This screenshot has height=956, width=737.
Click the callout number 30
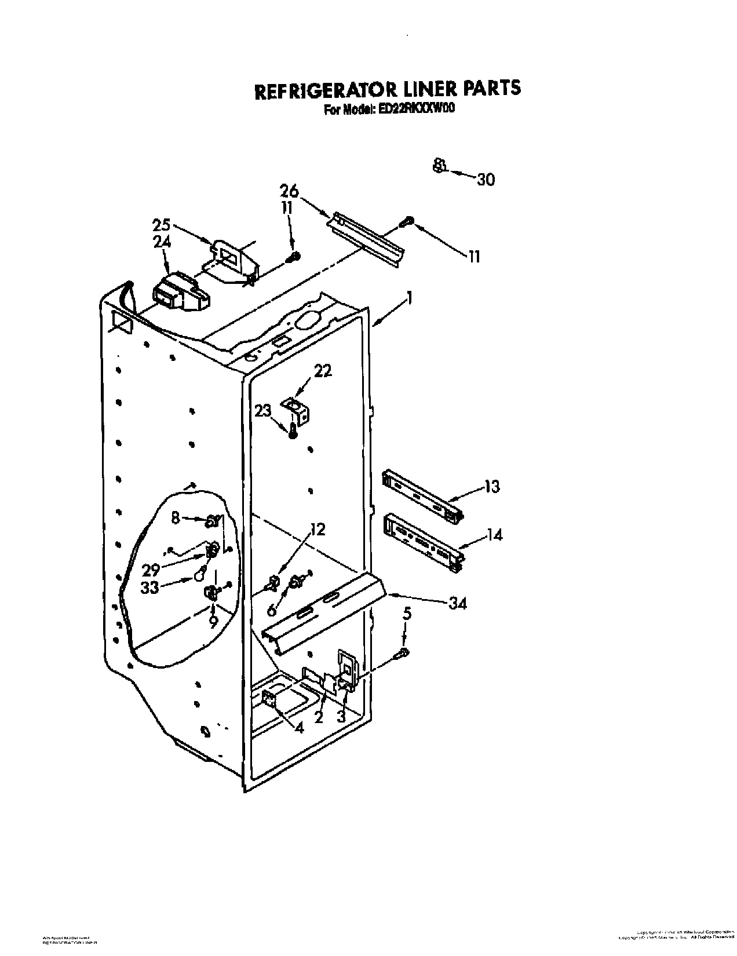pos(486,180)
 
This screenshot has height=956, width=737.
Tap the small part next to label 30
pos(439,166)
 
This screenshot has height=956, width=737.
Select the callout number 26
pos(289,190)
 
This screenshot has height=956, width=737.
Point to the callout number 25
pos(163,224)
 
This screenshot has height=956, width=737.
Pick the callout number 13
pos(491,487)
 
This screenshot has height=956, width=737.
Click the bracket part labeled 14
pos(423,539)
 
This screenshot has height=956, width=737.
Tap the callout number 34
pos(458,603)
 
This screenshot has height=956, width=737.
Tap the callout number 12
pos(318,529)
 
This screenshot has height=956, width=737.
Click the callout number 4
pos(299,728)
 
